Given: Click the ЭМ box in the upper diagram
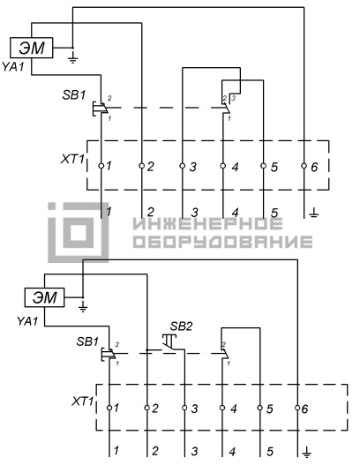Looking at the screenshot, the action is [32, 48].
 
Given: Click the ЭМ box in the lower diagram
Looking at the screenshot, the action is [44, 297].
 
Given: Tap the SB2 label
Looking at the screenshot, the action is [181, 326].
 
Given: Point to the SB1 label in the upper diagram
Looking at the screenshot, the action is [74, 95].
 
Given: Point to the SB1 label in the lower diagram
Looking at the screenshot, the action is [87, 341].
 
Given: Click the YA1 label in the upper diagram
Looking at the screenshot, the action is [13, 67].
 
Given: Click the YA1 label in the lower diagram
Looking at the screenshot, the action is [27, 321].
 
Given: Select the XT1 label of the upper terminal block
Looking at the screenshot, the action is [72, 159].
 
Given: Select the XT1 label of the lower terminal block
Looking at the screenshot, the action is [83, 401].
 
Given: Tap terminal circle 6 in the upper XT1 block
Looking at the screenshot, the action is [304, 166].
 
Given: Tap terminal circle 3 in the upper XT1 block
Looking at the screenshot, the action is [183, 166].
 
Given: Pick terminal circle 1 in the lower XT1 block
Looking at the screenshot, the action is [109, 408].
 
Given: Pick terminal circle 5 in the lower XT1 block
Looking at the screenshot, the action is [259, 408].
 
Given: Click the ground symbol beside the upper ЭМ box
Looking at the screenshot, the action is [72, 58].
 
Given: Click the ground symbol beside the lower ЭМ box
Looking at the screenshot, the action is [83, 308].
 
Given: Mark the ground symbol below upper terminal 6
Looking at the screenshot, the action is [314, 213].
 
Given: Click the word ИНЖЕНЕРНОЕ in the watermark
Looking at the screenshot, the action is [207, 224].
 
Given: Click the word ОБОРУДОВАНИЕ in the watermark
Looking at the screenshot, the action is [222, 242].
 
